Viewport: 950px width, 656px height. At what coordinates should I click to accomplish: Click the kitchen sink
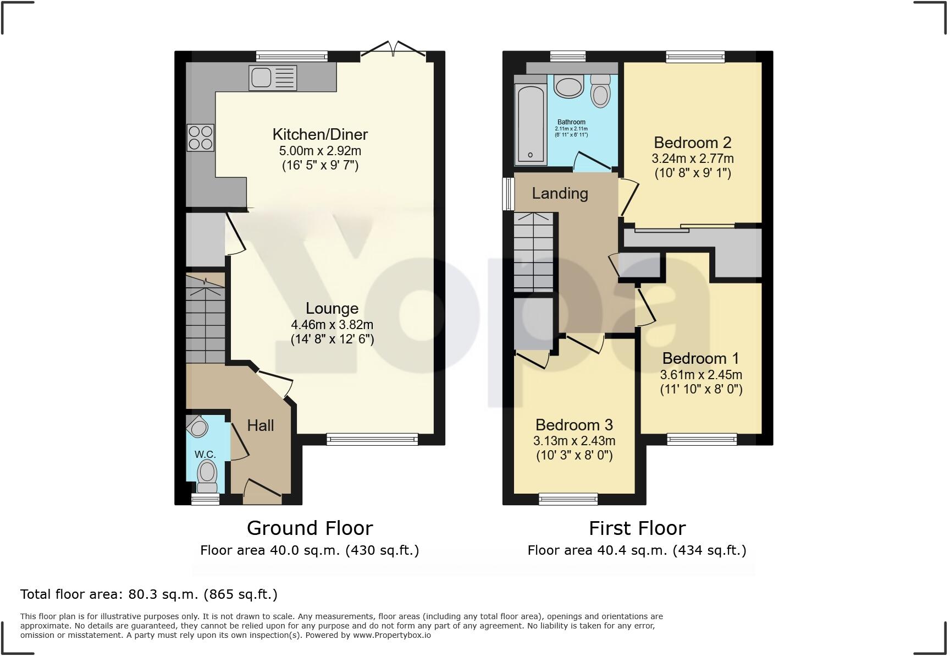pyautogui.click(x=273, y=77)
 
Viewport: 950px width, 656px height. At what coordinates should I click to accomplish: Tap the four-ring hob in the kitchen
pyautogui.click(x=200, y=138)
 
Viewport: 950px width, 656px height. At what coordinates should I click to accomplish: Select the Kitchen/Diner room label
pyautogui.click(x=320, y=134)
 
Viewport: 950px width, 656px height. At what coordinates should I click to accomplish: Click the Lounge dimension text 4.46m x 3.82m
pyautogui.click(x=332, y=325)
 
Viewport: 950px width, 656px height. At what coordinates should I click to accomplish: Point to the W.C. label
pyautogui.click(x=205, y=455)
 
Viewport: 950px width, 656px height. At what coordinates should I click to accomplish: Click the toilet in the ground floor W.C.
pyautogui.click(x=207, y=476)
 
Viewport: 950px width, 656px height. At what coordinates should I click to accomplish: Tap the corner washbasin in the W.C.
pyautogui.click(x=196, y=425)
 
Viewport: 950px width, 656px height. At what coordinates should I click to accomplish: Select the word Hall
pyautogui.click(x=261, y=425)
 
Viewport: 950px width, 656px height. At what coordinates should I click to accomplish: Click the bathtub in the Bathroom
pyautogui.click(x=531, y=124)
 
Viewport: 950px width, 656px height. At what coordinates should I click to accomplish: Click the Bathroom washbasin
pyautogui.click(x=569, y=87)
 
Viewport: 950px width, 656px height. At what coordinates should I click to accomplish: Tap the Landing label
pyautogui.click(x=560, y=193)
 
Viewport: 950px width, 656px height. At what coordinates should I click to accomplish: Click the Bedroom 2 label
pyautogui.click(x=693, y=143)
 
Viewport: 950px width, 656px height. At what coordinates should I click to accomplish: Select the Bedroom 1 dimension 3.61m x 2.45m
pyautogui.click(x=701, y=375)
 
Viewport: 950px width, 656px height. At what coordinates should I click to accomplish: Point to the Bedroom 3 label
pyautogui.click(x=574, y=425)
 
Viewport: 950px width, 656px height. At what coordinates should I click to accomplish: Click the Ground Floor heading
pyautogui.click(x=310, y=528)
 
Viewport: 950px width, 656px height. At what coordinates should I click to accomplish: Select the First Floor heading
pyautogui.click(x=637, y=528)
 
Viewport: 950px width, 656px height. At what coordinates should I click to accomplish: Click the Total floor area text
pyautogui.click(x=149, y=594)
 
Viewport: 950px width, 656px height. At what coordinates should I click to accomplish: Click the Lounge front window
pyautogui.click(x=372, y=439)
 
